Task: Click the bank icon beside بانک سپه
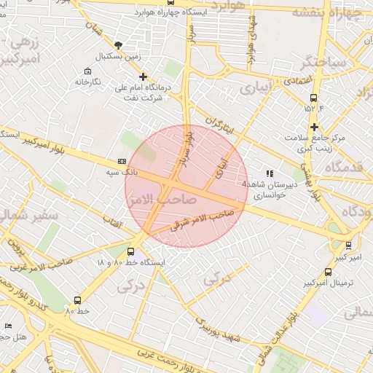pos(122,161)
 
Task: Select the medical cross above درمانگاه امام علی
pos(143,76)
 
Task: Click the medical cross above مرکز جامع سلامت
pos(314,127)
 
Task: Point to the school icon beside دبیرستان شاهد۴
pos(270,173)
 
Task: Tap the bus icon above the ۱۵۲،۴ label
pos(314,98)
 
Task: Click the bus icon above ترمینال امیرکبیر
pos(329,272)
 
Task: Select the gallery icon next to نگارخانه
pos(88,71)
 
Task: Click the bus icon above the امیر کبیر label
pos(348,246)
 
